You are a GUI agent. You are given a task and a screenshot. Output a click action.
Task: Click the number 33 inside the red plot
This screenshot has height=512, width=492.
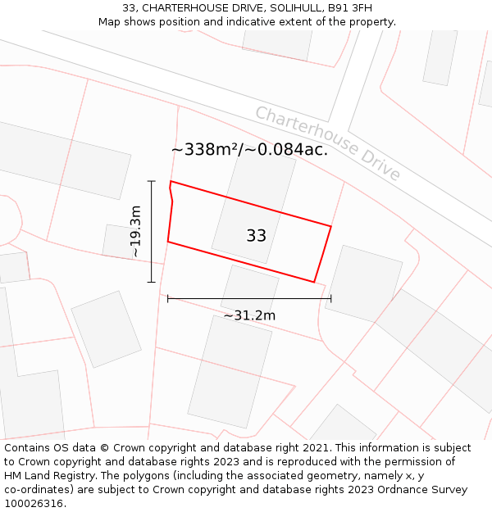coord(256,236)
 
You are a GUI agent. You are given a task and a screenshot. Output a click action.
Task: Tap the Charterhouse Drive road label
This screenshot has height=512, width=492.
coord(327,143)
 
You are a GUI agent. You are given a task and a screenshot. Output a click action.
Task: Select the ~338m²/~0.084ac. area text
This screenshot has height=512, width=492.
coord(249,149)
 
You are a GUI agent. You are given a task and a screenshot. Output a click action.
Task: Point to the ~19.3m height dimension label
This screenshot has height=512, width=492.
coord(135,232)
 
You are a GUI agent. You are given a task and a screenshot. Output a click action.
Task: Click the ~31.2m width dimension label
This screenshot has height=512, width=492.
coord(249,315)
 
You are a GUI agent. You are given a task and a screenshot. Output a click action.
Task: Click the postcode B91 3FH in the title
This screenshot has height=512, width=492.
coord(349,8)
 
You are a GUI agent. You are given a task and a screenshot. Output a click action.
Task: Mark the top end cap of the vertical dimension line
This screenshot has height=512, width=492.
coord(152,181)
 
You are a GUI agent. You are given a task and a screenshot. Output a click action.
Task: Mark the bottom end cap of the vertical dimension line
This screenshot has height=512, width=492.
coord(152,283)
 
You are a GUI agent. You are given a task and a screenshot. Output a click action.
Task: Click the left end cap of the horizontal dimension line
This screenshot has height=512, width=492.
coord(168,299)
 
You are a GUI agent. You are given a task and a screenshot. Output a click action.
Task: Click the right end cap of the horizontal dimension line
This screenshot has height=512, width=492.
coord(331,299)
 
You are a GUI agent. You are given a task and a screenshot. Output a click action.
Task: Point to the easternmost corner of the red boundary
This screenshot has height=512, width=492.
coord(331,226)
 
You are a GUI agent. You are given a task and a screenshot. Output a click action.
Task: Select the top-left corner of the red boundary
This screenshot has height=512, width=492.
coord(171,181)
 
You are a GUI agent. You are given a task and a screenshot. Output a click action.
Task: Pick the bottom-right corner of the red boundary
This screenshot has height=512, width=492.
coord(314,282)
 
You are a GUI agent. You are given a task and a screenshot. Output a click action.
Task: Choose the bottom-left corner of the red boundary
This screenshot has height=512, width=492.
coord(168,242)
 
